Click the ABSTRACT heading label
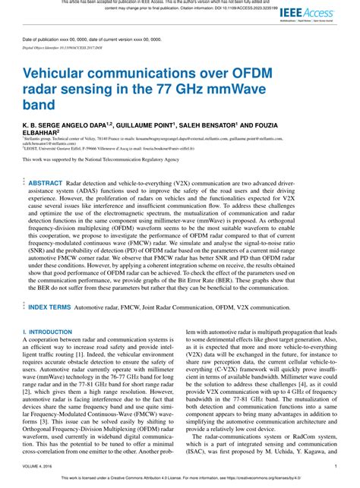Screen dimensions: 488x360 click(46, 183)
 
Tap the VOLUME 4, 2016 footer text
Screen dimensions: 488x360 click(40, 467)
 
